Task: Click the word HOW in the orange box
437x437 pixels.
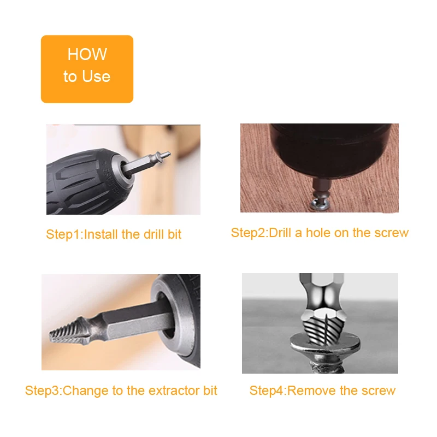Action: pos(87,54)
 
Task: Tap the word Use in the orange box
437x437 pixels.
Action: pos(96,76)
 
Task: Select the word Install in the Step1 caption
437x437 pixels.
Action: pos(101,234)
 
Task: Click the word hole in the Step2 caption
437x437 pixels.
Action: pos(318,233)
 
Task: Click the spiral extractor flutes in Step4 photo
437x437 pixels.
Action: pos(324,328)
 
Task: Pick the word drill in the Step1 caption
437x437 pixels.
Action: pos(153,234)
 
